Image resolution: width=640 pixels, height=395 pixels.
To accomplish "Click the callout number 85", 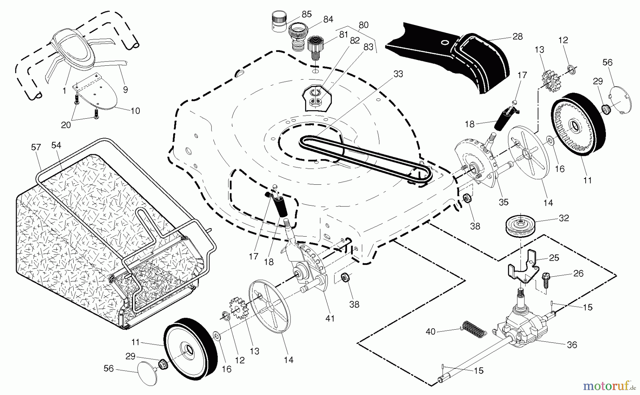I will coord(306,14).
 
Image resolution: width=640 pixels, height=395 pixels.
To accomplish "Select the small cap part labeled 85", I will coord(279,22).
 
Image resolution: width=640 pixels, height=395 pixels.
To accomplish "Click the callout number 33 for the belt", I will coord(398,74).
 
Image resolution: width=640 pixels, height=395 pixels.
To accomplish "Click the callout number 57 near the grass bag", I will coord(36,147).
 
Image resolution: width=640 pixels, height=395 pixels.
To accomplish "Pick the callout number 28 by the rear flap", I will coord(517,36).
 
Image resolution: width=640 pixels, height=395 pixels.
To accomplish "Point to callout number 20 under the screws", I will coord(66,125).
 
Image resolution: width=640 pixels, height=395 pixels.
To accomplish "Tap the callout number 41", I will coord(330,319).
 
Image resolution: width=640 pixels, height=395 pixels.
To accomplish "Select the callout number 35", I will coord(503,202).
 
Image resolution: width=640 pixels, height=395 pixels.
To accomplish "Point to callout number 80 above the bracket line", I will coord(363,25).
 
